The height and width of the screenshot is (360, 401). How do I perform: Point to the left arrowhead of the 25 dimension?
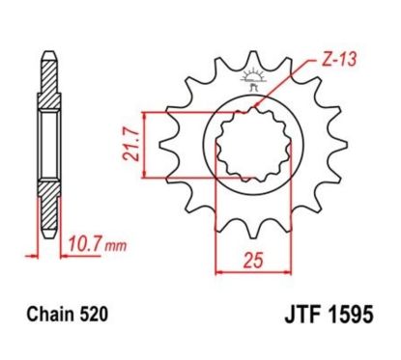[217, 272]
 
